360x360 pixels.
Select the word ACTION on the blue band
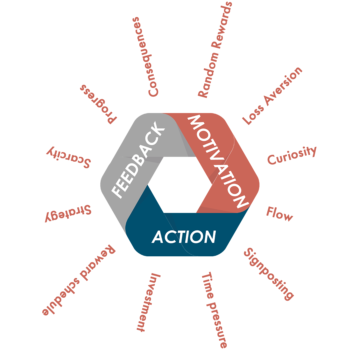(184, 237)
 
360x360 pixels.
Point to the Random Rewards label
(215, 50)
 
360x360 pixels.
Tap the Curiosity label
(291, 156)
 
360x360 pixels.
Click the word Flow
(279, 214)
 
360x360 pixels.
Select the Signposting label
(269, 274)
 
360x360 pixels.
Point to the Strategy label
(68, 213)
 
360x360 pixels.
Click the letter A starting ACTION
(158, 237)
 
